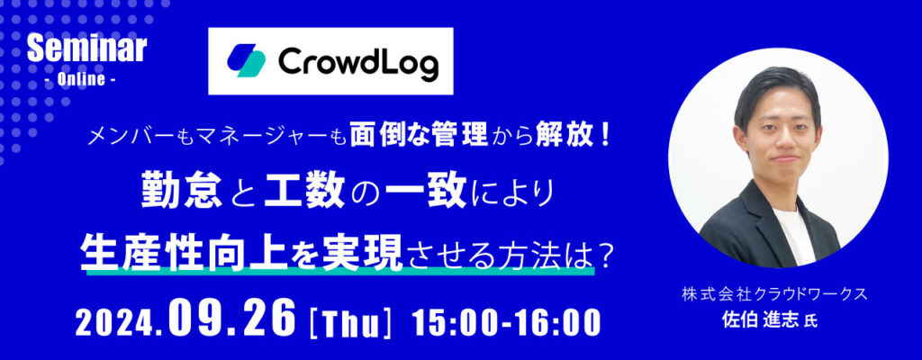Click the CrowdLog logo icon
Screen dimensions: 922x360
(246, 60)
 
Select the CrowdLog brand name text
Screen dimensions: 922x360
(358, 61)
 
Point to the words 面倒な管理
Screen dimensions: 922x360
(419, 137)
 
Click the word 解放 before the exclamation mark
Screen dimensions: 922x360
(560, 137)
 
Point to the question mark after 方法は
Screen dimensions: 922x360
(605, 254)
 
